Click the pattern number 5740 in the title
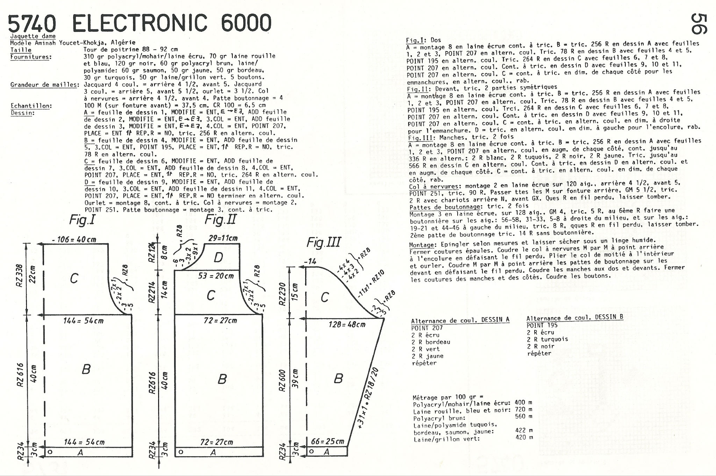click(32, 23)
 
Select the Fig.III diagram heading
click(324, 242)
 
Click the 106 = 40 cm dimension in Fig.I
click(74, 240)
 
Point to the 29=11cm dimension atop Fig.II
click(223, 238)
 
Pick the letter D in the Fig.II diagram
click(218, 257)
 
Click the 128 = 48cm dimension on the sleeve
click(347, 324)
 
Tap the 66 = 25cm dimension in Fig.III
click(327, 441)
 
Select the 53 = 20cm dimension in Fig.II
click(216, 276)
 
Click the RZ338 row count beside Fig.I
click(19, 275)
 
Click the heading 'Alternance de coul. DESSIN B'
click(575, 318)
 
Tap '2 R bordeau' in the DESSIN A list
click(431, 342)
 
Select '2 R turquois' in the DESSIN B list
click(547, 339)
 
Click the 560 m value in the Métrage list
click(524, 416)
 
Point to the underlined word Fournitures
click(31, 57)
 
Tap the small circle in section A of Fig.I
click(50, 452)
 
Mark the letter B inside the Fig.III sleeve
click(338, 378)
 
